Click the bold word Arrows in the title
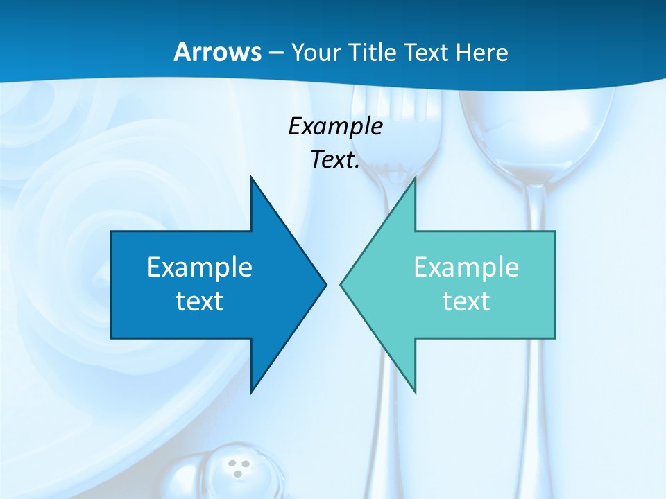216,52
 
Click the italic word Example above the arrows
335,127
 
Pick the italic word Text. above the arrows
335,160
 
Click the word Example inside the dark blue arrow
200,268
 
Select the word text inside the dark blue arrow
200,301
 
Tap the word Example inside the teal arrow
466,268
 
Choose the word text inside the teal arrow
466,301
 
